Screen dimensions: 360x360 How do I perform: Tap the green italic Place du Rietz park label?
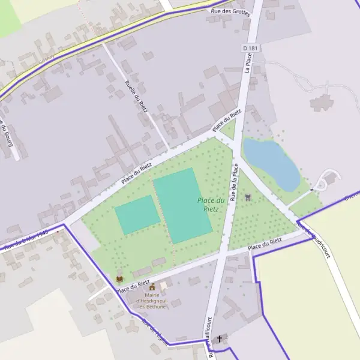pyautogui.click(x=211, y=205)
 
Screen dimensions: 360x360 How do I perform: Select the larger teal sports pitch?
pyautogui.click(x=182, y=205)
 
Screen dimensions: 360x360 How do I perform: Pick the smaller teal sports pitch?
pyautogui.click(x=137, y=214)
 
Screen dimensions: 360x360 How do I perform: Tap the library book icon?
pyautogui.click(x=119, y=280)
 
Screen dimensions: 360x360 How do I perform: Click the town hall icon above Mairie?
pyautogui.click(x=152, y=287)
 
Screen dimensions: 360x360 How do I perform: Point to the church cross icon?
pyautogui.click(x=220, y=339)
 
